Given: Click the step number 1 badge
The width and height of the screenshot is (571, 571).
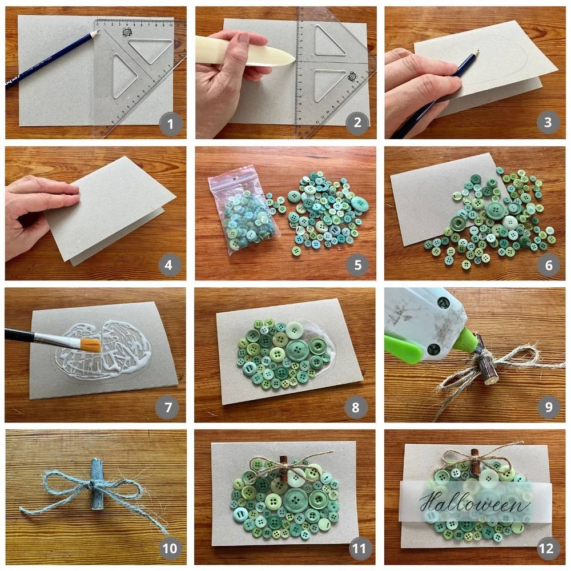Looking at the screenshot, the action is [x=170, y=124].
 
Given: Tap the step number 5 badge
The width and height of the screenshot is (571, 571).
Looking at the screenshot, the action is [x=357, y=265].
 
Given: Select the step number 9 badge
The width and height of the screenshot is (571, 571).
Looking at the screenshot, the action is [x=548, y=407].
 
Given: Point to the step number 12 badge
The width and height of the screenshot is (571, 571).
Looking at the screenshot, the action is [x=547, y=548].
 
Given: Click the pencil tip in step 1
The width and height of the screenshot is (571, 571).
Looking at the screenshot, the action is [x=98, y=31].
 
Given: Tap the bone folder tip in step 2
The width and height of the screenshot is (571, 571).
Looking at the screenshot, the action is [x=293, y=58].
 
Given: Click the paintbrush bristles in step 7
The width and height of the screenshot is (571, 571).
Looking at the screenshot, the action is [x=90, y=345].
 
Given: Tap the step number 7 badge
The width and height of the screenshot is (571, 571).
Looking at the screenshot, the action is [x=168, y=407].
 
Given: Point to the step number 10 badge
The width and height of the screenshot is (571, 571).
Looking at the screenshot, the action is [x=170, y=548].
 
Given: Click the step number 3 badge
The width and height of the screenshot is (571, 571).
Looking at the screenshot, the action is [x=548, y=122].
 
